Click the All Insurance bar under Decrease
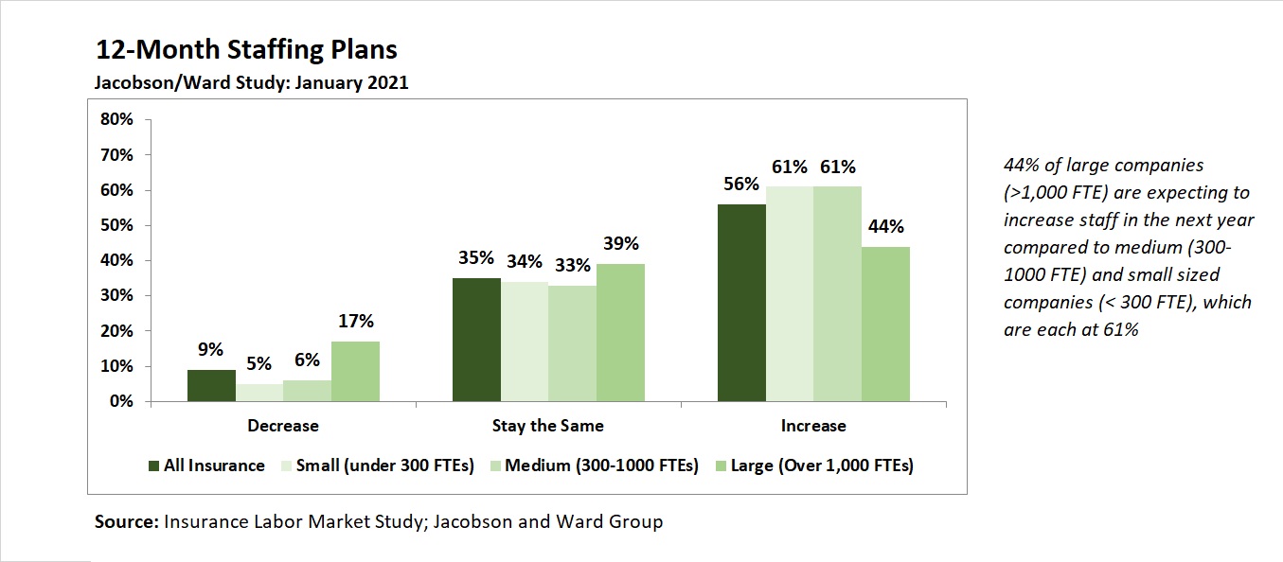[x=211, y=385]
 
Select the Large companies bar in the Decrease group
[x=355, y=371]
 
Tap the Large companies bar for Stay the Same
[x=620, y=332]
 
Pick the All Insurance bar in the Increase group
[x=741, y=303]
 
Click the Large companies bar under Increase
[x=885, y=324]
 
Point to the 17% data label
[x=356, y=322]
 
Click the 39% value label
[x=621, y=244]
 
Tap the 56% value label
[x=740, y=184]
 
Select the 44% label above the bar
[x=885, y=227]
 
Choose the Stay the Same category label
[x=547, y=426]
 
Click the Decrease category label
[x=282, y=426]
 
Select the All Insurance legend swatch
[x=154, y=465]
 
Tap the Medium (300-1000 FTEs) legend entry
[x=601, y=465]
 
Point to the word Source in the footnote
[x=127, y=521]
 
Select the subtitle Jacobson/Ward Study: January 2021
[x=251, y=82]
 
